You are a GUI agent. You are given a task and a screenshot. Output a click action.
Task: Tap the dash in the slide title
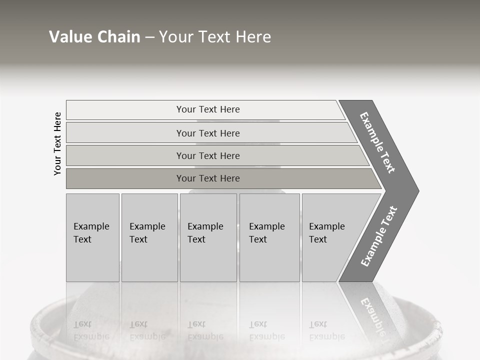click(x=150, y=37)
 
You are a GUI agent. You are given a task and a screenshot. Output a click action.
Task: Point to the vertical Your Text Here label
click(x=57, y=143)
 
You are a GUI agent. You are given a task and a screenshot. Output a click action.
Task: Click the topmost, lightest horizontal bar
click(x=125, y=110)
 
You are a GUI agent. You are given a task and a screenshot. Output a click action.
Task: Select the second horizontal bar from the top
click(x=125, y=133)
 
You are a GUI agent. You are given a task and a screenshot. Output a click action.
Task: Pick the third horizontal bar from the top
click(x=125, y=156)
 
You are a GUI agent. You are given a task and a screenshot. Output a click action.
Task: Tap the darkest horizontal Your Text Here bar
click(x=125, y=178)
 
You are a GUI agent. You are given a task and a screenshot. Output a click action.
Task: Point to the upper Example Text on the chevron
click(x=378, y=143)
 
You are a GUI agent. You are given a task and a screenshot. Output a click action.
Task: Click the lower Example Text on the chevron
click(x=379, y=236)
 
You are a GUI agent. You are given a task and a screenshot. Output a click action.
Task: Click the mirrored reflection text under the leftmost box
click(x=91, y=330)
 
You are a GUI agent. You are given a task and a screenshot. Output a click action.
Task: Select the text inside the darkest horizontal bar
click(x=208, y=178)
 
